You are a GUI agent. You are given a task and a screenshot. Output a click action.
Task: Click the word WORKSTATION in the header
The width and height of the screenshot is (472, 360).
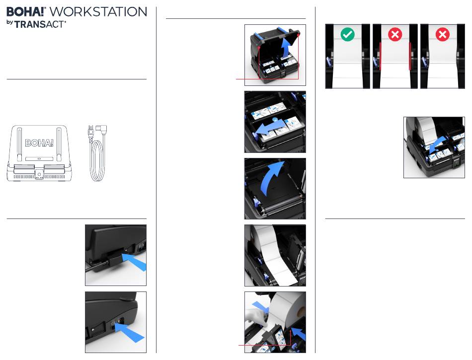click(98, 12)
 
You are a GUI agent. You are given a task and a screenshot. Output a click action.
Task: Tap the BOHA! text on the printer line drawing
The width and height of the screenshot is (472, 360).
click(39, 143)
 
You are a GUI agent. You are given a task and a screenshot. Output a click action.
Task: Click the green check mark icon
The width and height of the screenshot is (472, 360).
click(347, 34)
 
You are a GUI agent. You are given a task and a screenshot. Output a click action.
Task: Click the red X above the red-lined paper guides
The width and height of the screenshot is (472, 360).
click(395, 35)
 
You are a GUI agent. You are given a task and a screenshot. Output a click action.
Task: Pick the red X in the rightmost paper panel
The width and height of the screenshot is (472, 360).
click(443, 35)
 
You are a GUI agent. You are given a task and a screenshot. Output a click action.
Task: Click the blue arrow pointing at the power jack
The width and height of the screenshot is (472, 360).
click(134, 261)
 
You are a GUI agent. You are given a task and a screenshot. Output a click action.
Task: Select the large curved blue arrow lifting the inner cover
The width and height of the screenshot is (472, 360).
click(271, 179)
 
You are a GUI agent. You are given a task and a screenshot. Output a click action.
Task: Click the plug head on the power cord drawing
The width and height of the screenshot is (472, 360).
click(101, 131)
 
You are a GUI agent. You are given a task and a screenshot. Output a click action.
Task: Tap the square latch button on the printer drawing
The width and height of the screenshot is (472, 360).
click(39, 174)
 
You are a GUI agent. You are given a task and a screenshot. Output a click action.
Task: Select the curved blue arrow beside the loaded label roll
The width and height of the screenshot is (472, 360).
click(437, 144)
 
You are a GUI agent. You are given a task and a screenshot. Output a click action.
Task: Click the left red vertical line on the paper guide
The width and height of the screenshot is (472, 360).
click(381, 56)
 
